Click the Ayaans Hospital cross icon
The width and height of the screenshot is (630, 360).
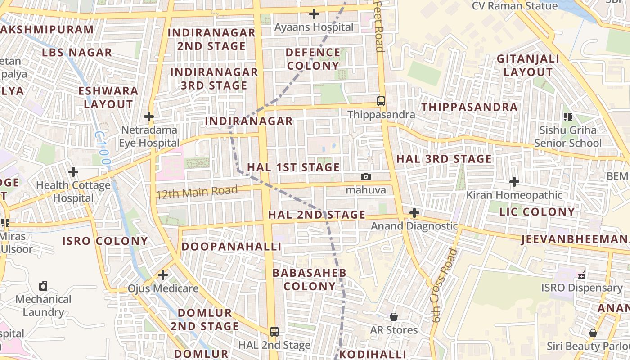point(314,14)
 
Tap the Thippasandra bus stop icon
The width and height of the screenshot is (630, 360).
point(381,101)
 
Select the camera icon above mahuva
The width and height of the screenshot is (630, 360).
point(366,176)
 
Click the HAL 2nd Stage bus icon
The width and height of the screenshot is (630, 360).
point(274,332)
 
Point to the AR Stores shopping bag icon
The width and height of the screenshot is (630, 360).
point(394,317)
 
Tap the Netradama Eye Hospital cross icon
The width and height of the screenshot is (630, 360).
point(149,117)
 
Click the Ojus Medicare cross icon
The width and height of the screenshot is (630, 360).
point(163,274)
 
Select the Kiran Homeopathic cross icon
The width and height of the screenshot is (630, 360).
point(514,182)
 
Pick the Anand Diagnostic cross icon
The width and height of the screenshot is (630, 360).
point(414,212)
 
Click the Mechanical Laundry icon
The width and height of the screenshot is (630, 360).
point(43,286)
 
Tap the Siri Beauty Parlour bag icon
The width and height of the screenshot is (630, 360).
point(593,333)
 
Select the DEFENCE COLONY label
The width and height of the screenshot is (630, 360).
point(313,59)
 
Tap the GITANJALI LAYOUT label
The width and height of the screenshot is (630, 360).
point(528,65)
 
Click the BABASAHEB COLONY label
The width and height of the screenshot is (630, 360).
point(310,279)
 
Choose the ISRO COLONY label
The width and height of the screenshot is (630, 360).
point(105,241)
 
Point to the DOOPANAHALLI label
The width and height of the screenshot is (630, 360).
point(231,247)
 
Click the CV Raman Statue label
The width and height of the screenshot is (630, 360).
point(514,6)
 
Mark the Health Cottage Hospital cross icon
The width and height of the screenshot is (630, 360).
point(73,172)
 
